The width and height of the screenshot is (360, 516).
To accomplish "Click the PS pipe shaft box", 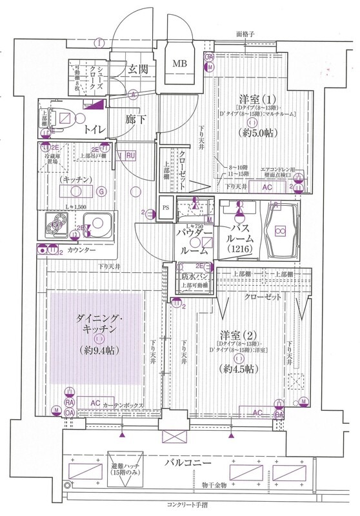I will [166, 208].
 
